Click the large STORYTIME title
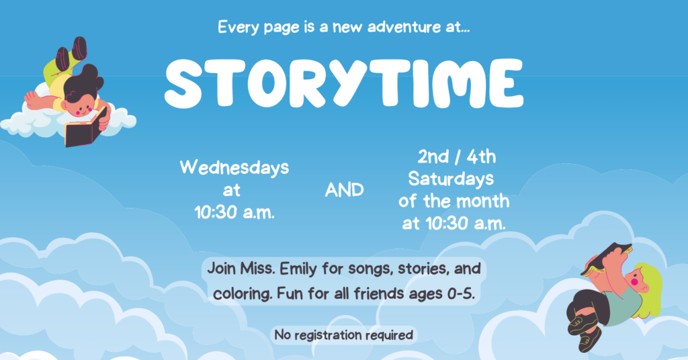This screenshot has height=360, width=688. pyautogui.click(x=344, y=83)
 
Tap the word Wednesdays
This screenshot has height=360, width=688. pyautogui.click(x=234, y=168)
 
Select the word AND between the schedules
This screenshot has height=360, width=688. pyautogui.click(x=345, y=190)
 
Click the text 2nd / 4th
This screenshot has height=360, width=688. pyautogui.click(x=456, y=156)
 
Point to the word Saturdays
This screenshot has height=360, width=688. pyautogui.click(x=451, y=179)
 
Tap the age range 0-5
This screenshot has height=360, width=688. pyautogui.click(x=461, y=294)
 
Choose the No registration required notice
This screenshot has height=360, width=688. pyautogui.click(x=344, y=335)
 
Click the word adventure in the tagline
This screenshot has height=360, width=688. pyautogui.click(x=404, y=27)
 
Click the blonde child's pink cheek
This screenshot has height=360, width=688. pyautogui.click(x=634, y=282)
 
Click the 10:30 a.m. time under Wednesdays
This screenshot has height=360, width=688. pyautogui.click(x=234, y=213)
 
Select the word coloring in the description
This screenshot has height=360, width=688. pyautogui.click(x=242, y=294)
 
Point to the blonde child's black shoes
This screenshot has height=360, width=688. pyautogui.click(x=584, y=332)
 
